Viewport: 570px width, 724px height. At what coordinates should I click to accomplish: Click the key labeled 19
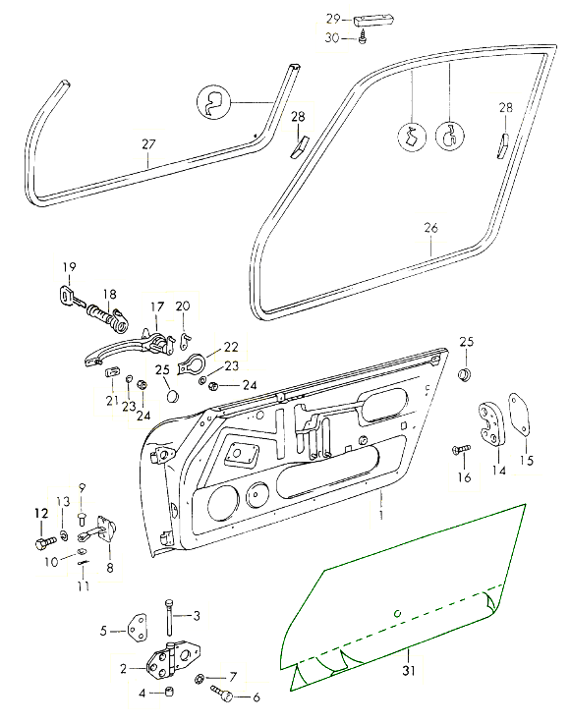coord(72,296)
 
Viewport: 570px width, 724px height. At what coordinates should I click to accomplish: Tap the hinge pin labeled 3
coord(169,617)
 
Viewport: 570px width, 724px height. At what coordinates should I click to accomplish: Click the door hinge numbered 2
coord(173,659)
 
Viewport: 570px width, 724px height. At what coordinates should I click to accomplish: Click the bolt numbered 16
coord(461,449)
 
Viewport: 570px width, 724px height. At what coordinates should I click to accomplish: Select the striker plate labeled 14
coord(490,423)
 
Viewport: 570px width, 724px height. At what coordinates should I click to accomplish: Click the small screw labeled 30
coord(364,35)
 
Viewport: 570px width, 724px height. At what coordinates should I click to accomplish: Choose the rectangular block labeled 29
coord(373,22)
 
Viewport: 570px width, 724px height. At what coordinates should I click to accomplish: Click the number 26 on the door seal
coord(430,228)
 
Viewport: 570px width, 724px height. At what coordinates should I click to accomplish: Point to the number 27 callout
coord(148,144)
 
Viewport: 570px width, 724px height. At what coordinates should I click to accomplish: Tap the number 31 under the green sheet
coord(408,670)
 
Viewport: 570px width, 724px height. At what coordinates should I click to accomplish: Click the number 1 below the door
coord(381,514)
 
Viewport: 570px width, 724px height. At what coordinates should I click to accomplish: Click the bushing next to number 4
coord(169,692)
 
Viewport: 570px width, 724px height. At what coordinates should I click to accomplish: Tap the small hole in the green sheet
coord(397,614)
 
